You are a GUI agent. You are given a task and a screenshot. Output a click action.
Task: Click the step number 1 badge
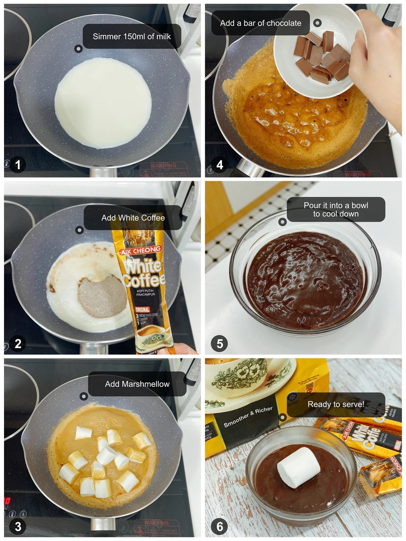tap(18, 164)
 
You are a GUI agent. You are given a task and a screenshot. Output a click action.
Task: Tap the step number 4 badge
tap(220, 164)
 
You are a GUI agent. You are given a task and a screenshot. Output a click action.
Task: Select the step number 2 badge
tap(18, 343)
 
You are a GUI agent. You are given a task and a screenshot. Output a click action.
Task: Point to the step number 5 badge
tap(220, 343)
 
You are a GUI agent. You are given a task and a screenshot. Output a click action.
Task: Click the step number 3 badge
tap(18, 526)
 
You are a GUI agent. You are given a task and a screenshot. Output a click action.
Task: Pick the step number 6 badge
tap(220, 526)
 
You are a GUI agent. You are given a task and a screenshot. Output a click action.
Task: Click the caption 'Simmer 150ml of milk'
tap(132, 36)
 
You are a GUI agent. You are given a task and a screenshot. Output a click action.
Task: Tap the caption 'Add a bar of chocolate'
tap(260, 23)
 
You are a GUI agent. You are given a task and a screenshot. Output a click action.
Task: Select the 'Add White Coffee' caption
tap(133, 218)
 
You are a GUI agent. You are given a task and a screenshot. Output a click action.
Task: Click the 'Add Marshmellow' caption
tap(137, 384)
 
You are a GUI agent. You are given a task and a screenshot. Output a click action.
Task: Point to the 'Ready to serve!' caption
tap(335, 404)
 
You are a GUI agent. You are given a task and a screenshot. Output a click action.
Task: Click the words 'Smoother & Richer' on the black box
tap(248, 417)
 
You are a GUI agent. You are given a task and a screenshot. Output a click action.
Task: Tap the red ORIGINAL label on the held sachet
tap(142, 309)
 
